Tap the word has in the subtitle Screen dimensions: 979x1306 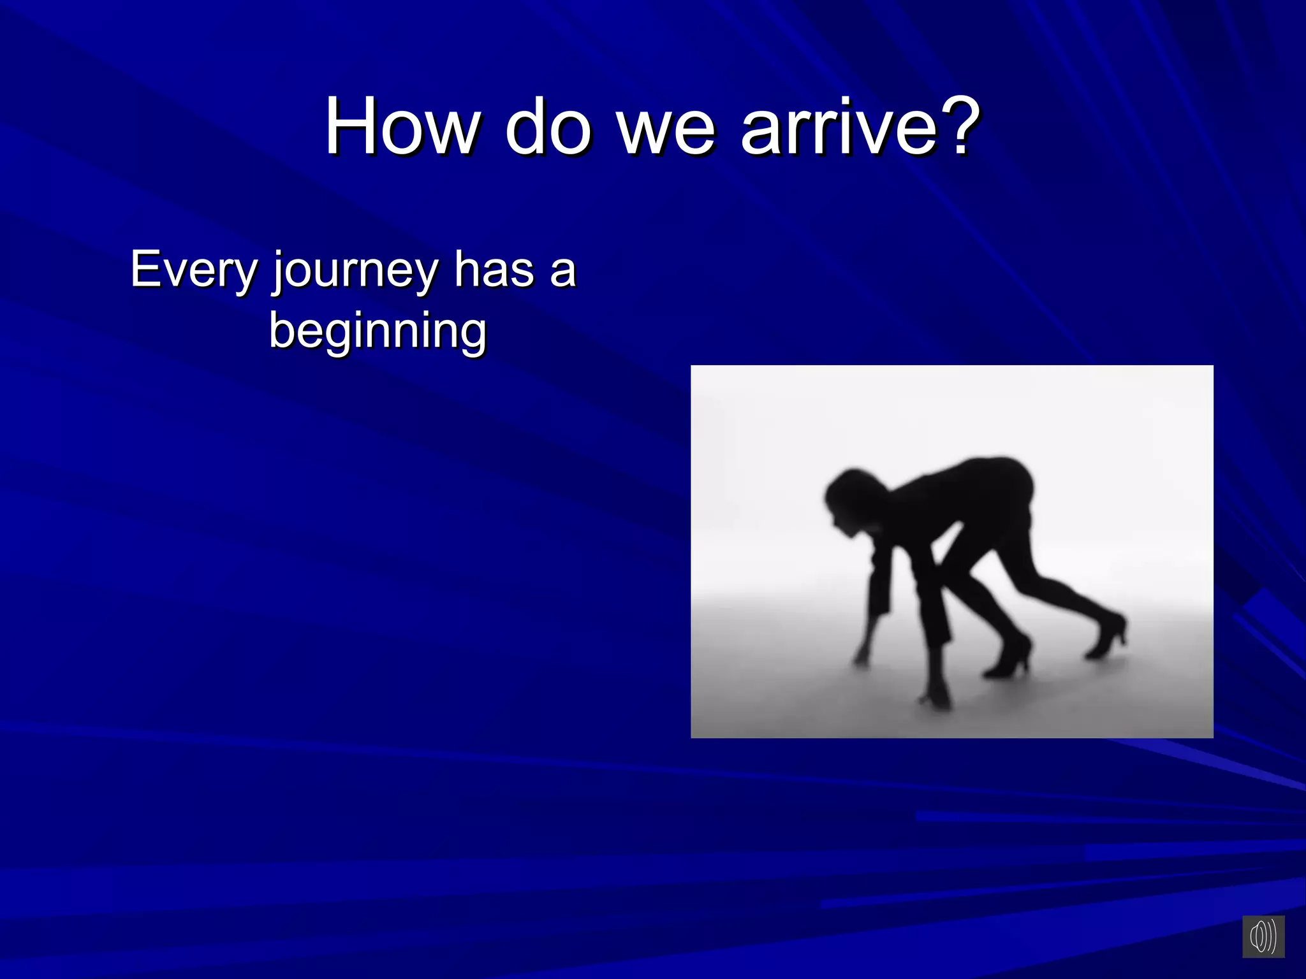click(x=494, y=269)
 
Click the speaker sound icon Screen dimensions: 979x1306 click(x=1263, y=936)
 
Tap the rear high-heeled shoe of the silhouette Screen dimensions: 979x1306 click(x=1108, y=634)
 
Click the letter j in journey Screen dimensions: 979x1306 click(x=278, y=273)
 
